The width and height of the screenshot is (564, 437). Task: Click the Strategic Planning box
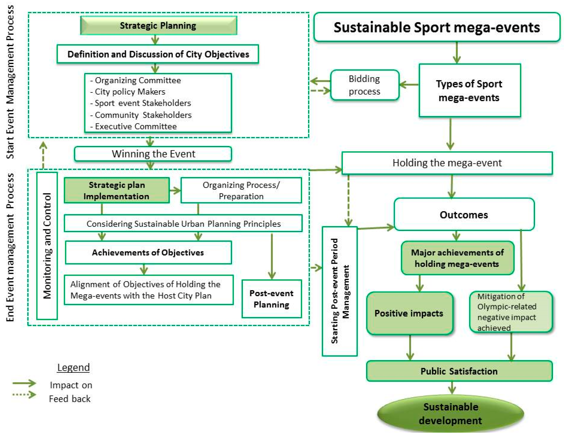coord(158,26)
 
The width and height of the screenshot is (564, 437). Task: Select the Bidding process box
coord(364,85)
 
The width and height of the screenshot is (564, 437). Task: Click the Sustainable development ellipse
coord(450,414)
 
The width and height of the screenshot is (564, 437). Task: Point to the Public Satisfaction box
coord(459,371)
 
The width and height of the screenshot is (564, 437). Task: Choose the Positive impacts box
coord(409,313)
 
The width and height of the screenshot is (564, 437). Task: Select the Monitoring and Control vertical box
coord(47,246)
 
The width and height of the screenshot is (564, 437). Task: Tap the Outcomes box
coord(464,215)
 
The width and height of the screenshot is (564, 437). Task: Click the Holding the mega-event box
coord(447,163)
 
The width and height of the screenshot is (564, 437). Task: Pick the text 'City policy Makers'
coord(130,92)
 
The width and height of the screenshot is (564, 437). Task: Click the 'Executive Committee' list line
coord(136,126)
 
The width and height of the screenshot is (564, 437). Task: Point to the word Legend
coord(73,367)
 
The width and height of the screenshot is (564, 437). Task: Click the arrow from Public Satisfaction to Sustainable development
coord(452,388)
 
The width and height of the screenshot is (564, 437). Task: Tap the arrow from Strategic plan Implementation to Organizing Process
coord(175,191)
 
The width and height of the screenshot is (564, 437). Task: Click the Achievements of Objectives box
coord(148,253)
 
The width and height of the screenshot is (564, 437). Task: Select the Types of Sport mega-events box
coord(469,91)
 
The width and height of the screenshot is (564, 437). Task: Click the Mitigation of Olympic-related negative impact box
coord(511,312)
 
